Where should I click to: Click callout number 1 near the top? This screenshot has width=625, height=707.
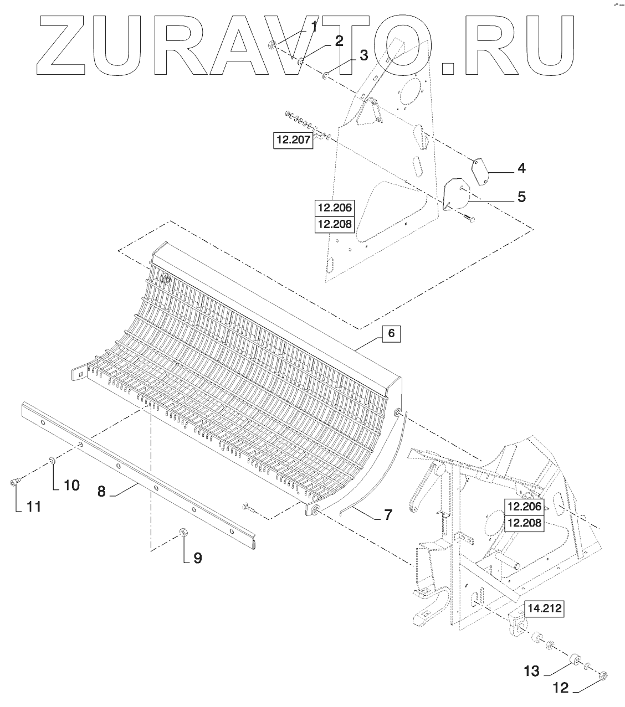[x=313, y=26]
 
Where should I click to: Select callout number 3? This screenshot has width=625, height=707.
[x=363, y=55]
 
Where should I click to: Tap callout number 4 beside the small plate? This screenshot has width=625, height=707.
[x=521, y=168]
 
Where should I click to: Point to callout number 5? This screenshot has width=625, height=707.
[x=521, y=197]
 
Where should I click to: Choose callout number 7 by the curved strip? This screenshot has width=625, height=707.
[x=387, y=515]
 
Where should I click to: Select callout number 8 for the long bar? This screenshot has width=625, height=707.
[x=101, y=492]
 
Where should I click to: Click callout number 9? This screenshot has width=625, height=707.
[x=197, y=558]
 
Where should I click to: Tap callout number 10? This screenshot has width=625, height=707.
[x=71, y=485]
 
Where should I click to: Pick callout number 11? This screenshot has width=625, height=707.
[x=34, y=507]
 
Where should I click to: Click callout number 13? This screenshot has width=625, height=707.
[x=531, y=671]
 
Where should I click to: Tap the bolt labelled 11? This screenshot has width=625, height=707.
[x=14, y=483]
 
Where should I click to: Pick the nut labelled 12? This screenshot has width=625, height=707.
[x=604, y=675]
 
